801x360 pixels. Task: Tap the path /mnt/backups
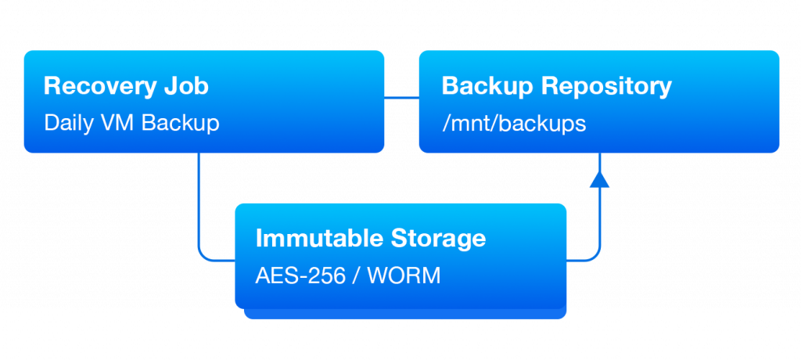(513, 124)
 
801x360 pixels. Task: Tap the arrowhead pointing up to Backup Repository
(599, 179)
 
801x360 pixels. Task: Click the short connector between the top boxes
(401, 98)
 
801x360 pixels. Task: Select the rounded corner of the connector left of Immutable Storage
(205, 255)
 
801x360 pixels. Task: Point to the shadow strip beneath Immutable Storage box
(404, 314)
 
